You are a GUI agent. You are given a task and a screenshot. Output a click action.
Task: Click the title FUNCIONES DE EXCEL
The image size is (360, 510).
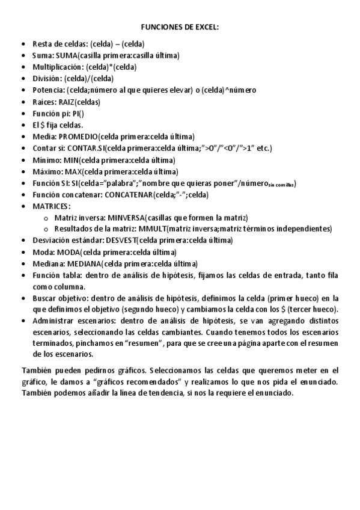click(x=180, y=28)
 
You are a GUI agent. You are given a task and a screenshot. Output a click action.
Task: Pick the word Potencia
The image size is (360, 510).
click(x=47, y=90)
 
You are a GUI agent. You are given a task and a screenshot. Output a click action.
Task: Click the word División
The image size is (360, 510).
click(x=47, y=79)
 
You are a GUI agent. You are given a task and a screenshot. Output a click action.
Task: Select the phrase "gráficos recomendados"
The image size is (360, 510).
click(x=136, y=382)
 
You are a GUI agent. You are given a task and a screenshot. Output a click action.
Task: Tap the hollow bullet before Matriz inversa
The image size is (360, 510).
click(x=46, y=218)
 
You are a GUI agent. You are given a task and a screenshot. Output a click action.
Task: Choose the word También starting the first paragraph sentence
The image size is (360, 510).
click(x=38, y=370)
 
